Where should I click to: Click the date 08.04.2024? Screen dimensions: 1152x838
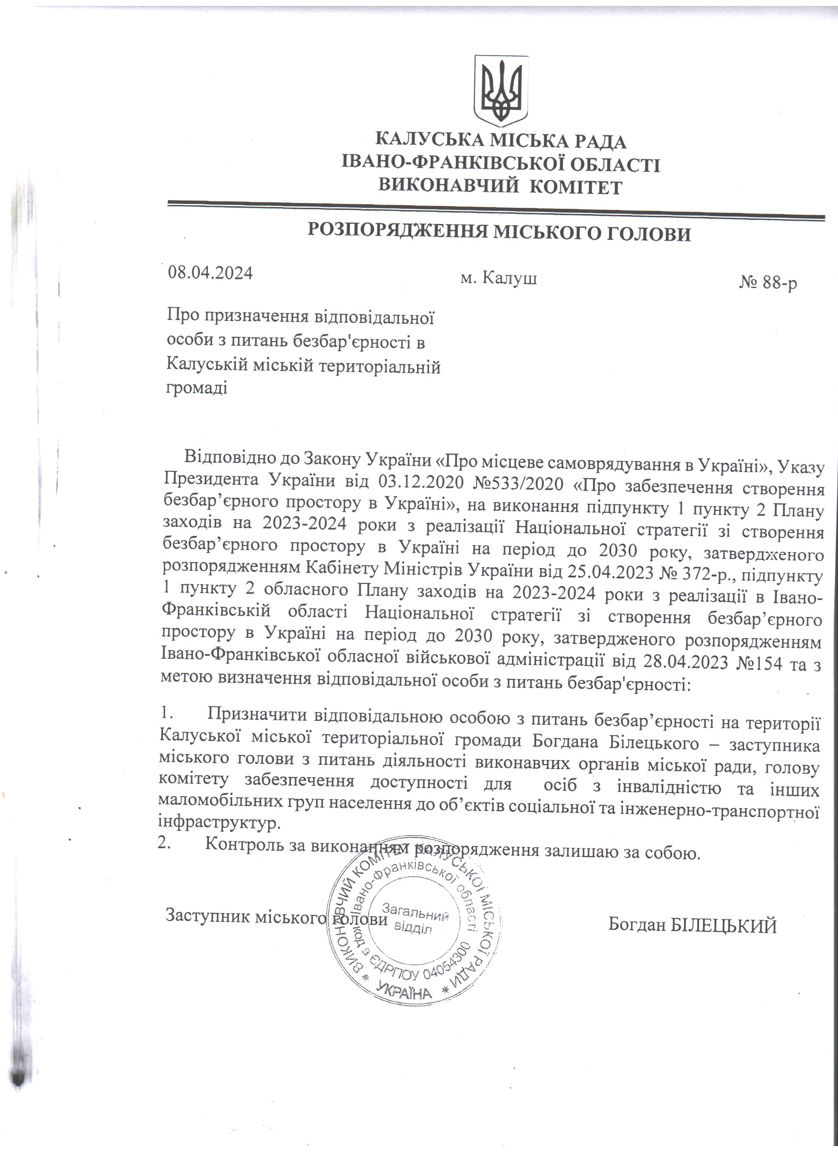[x=210, y=273]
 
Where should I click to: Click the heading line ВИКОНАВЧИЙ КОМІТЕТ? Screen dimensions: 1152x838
[x=500, y=187]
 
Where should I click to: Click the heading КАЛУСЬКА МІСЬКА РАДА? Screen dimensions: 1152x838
[x=500, y=140]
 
